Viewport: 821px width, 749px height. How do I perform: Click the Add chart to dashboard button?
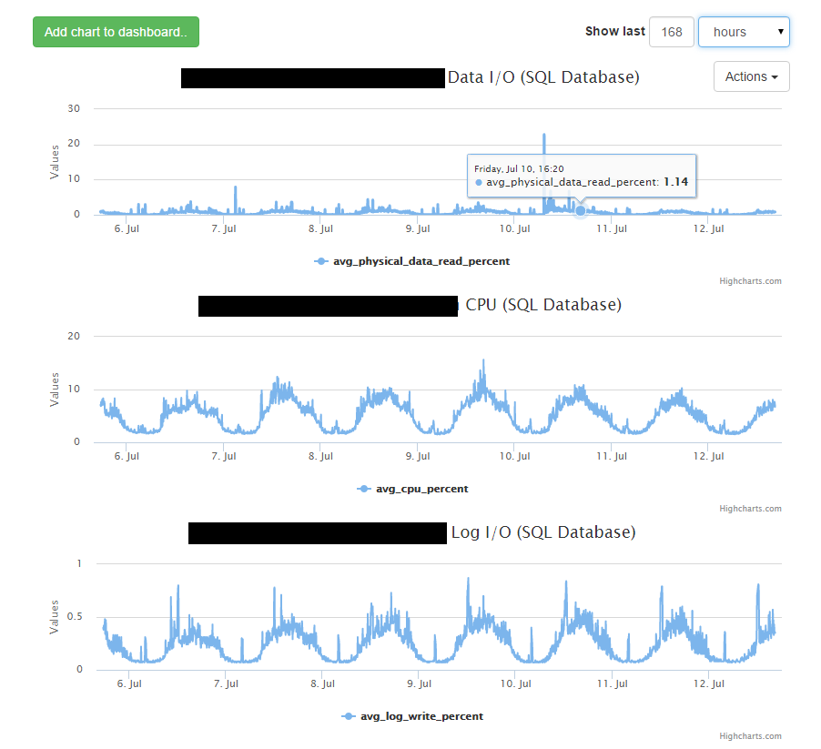116,32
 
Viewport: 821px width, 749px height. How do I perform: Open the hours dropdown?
743,32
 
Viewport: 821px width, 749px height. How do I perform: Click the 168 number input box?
672,32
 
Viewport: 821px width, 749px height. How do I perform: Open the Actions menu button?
751,77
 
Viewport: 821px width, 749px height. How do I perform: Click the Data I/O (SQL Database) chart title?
543,77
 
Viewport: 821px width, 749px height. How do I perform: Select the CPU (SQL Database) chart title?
543,305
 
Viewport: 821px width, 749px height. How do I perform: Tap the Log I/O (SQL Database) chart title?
543,532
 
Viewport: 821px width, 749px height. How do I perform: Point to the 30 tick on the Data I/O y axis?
75,108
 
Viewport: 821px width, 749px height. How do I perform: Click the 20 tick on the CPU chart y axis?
75,336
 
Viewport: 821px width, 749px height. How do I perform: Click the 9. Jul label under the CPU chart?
418,456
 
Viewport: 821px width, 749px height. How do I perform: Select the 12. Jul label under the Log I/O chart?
709,683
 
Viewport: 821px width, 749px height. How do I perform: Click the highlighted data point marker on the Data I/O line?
581,210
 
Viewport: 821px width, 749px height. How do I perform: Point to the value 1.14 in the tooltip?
675,182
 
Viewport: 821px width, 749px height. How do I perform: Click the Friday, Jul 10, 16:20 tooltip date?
520,168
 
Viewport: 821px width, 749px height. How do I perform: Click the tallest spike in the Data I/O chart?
544,136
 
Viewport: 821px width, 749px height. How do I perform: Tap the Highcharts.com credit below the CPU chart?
750,509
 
